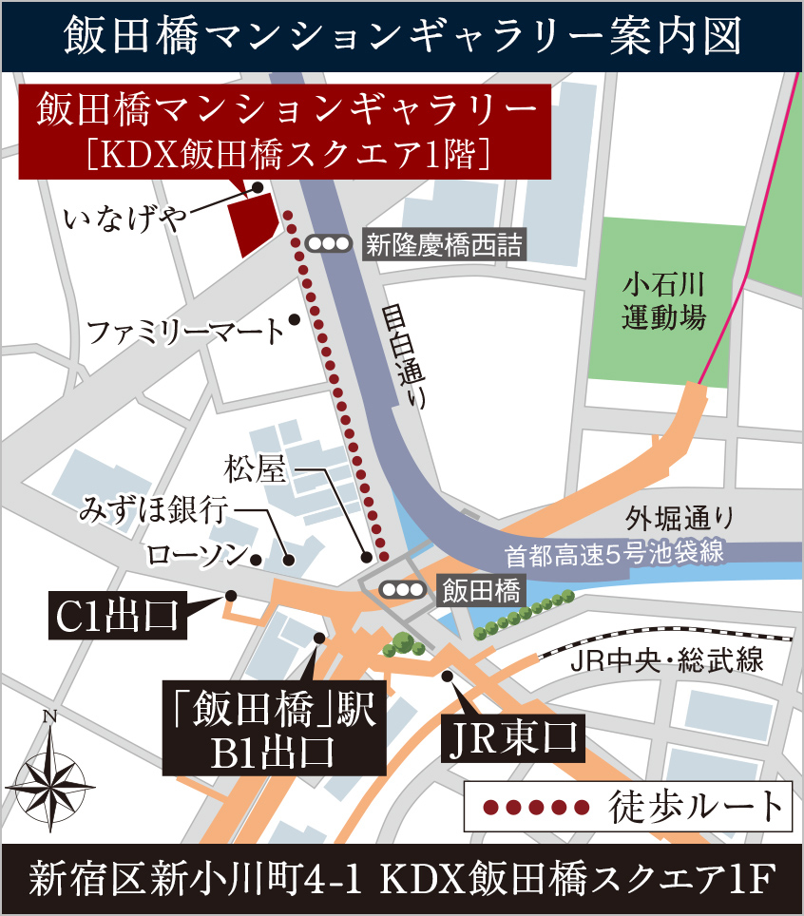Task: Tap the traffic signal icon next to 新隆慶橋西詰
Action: (x=330, y=244)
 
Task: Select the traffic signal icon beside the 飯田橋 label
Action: (x=401, y=590)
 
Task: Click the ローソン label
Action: (x=197, y=555)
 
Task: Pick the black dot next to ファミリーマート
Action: (x=295, y=319)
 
